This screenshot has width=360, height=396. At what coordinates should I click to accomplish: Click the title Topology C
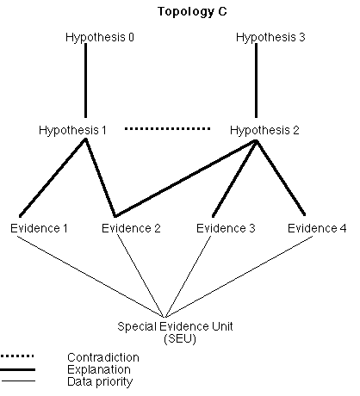pos(192,12)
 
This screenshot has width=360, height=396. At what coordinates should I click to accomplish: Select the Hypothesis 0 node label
pos(100,38)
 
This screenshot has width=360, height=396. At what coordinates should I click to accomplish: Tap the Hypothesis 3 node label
pos(270,38)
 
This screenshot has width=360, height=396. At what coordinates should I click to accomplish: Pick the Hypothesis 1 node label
pos(72,131)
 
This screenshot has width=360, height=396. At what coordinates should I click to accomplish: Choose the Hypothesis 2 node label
pos(264,131)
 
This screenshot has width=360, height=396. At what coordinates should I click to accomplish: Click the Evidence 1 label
pos(39,228)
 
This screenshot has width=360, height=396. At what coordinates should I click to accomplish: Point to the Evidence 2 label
pos(131,228)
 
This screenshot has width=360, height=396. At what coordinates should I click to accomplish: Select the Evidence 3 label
pos(226,228)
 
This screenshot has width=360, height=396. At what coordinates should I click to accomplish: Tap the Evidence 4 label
pos(317,228)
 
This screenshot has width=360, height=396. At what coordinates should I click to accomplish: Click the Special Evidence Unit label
pos(175,326)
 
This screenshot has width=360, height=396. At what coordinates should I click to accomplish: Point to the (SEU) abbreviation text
pos(180,339)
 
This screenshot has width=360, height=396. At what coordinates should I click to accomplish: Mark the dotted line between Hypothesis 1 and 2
pos(167,129)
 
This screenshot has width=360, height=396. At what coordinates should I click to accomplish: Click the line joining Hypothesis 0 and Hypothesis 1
pos(85,80)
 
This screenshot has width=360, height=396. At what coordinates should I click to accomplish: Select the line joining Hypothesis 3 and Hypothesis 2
pos(257,80)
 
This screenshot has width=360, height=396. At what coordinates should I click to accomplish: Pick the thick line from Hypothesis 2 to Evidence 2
pos(185,178)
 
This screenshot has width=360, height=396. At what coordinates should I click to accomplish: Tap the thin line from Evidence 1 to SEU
pos(90,276)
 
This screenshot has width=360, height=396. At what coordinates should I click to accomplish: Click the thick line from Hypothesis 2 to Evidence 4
pos(281,177)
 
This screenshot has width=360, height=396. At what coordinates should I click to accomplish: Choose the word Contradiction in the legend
pos(103,357)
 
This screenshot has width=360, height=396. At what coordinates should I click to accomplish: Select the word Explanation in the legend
pos(99,370)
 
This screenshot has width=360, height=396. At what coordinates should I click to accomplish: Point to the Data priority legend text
pos(100,382)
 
